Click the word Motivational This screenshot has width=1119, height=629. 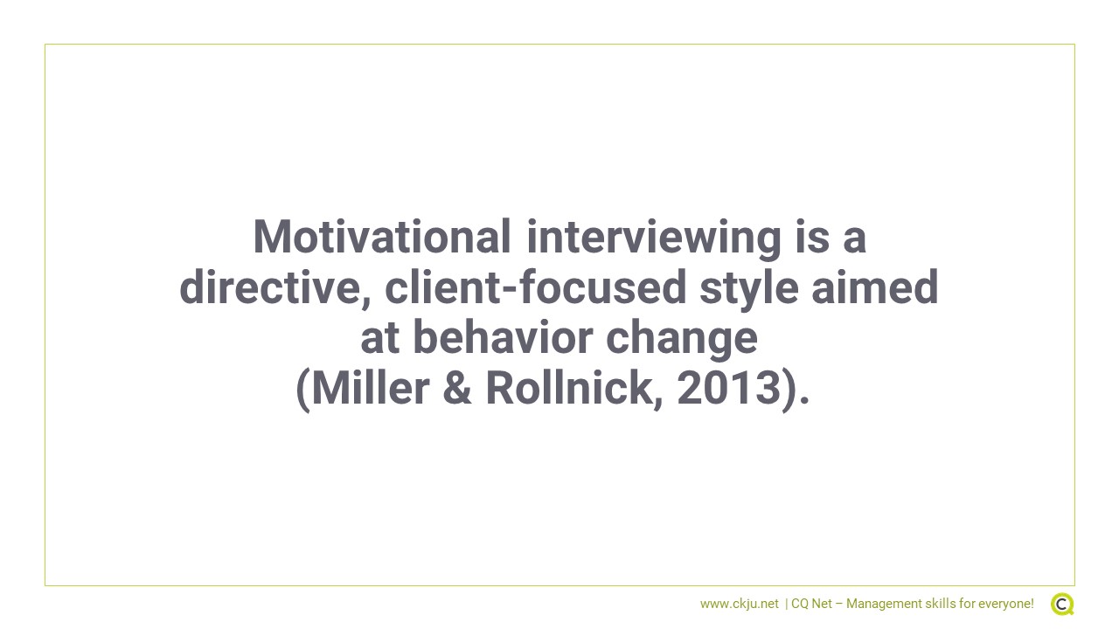tap(382, 237)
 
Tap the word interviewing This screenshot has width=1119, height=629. tap(654, 239)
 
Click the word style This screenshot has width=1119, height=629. tap(749, 289)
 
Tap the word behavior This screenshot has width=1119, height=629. tap(503, 337)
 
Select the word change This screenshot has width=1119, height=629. tap(682, 341)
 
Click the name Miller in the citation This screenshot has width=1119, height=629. tap(370, 388)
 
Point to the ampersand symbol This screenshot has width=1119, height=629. tap(457, 388)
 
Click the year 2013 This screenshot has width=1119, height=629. tap(729, 388)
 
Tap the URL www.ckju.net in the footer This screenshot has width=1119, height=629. tap(740, 604)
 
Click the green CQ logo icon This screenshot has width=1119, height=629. tap(1062, 604)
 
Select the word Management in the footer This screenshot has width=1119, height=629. tap(884, 605)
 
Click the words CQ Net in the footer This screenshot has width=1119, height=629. tap(812, 604)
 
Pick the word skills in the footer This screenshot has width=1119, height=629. tap(940, 604)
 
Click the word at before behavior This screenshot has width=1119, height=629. tap(379, 338)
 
